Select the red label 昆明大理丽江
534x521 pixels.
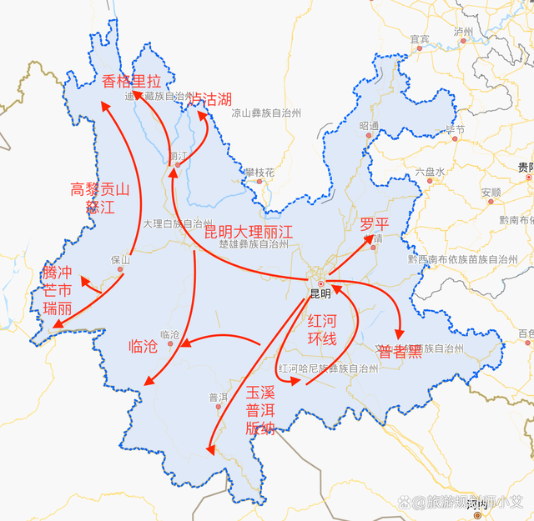[x=249, y=231]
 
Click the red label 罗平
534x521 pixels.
[x=375, y=224]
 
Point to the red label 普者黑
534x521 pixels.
[x=400, y=352]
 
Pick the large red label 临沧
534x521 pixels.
[x=144, y=346]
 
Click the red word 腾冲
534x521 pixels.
[x=58, y=273]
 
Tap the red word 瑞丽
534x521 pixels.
[x=58, y=308]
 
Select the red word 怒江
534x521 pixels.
[x=100, y=208]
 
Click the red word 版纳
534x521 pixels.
[x=260, y=428]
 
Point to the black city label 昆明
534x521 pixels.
[x=320, y=293]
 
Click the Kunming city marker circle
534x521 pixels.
[x=320, y=283]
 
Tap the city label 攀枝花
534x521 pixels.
[x=259, y=172]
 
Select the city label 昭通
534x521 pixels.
[x=369, y=125]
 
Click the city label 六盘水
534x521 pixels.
[x=430, y=171]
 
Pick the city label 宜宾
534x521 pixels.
[x=419, y=38]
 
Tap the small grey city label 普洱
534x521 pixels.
[x=217, y=398]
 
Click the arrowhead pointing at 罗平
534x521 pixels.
[x=370, y=240]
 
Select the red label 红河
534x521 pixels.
[x=322, y=321]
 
